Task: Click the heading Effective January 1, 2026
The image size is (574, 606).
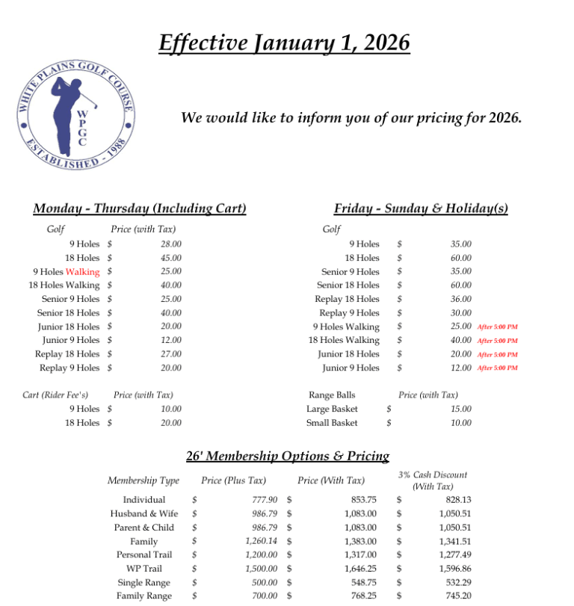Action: point(285,42)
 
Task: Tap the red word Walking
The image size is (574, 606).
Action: point(82,272)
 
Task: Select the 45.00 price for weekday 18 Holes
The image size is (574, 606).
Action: point(170,258)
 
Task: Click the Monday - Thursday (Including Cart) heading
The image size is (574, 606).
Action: point(140,208)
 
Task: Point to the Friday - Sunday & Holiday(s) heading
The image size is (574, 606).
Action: point(421,208)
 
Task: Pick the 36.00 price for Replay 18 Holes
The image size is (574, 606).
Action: point(461,299)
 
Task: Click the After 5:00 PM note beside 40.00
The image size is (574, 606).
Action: point(497,341)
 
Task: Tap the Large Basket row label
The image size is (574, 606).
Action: point(332,409)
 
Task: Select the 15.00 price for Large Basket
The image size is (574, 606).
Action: point(461,409)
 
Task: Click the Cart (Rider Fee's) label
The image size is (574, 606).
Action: point(55,395)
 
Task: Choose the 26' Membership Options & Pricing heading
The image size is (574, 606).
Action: point(287,456)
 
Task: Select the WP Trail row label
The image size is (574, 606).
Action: point(144,569)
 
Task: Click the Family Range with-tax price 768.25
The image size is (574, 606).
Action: point(361,596)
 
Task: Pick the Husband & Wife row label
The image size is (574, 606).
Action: point(144,513)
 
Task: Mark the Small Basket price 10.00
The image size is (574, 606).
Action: point(461,423)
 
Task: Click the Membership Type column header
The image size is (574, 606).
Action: point(143,480)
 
